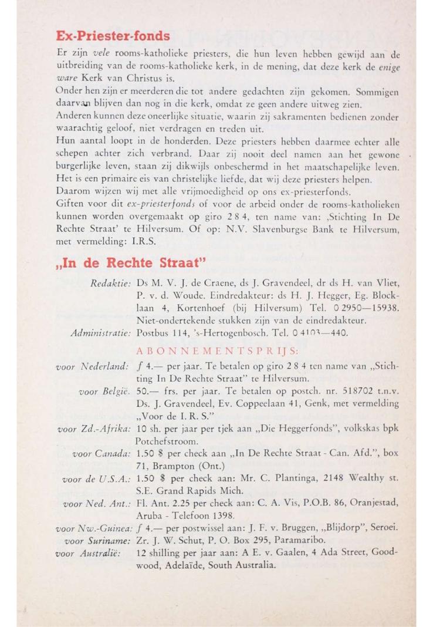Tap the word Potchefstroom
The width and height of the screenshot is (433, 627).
pos(171,440)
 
